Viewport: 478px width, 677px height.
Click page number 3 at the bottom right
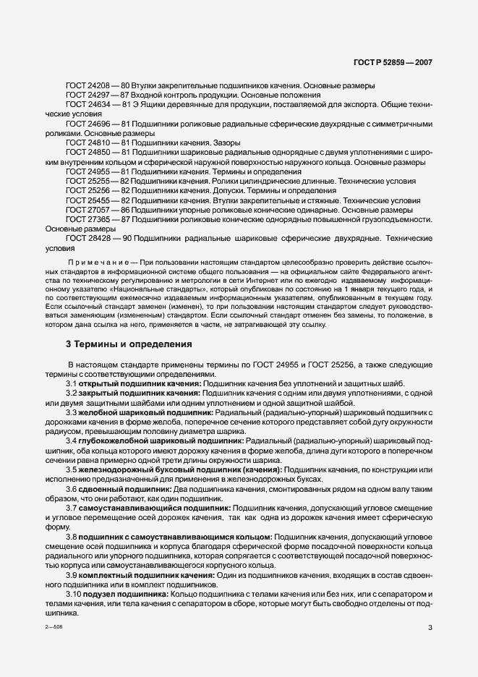pos(430,628)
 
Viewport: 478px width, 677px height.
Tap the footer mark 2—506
pos(54,628)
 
